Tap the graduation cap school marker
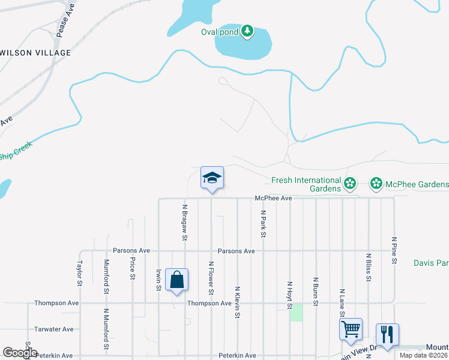coord(211,178)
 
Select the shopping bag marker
coord(176,280)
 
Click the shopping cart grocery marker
coord(351,329)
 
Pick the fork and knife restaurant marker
coord(387,335)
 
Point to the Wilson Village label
coord(36,53)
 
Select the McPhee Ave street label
coord(273,198)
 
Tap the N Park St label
coord(262,223)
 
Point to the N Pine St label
coord(394,250)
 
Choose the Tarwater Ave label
coord(54,329)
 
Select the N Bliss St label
coord(368,267)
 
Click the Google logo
coord(20,353)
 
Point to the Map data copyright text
coord(423,355)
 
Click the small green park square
coord(297,313)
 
